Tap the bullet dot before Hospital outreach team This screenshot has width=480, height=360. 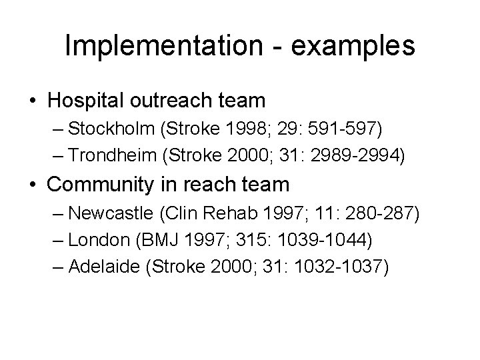(33, 101)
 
